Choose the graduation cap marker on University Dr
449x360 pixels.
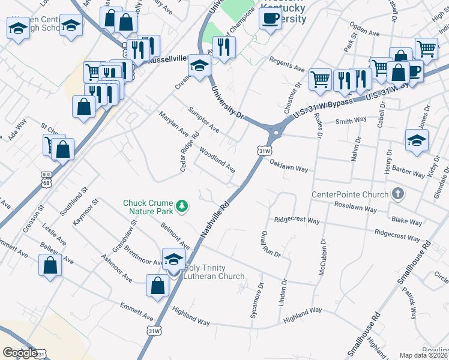pyautogui.click(x=199, y=65)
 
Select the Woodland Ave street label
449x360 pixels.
pyautogui.click(x=217, y=160)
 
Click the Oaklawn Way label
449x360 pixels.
pyautogui.click(x=288, y=166)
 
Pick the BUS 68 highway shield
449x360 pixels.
pyautogui.click(x=46, y=175)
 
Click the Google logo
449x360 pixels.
pyautogui.click(x=19, y=353)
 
